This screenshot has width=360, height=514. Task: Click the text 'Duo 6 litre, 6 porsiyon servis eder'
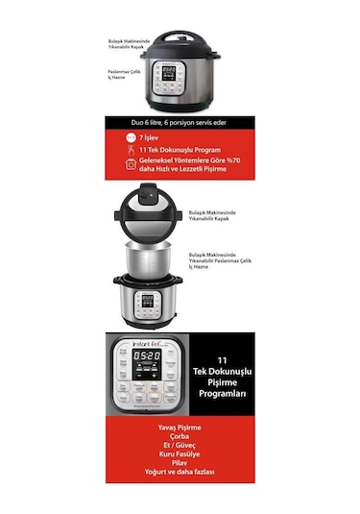pyautogui.click(x=180, y=126)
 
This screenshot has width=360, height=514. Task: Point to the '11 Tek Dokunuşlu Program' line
pyautogui.click(x=180, y=150)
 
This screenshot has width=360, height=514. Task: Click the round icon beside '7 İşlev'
pyautogui.click(x=131, y=138)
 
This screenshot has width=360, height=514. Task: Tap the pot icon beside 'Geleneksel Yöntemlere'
pyautogui.click(x=131, y=164)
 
